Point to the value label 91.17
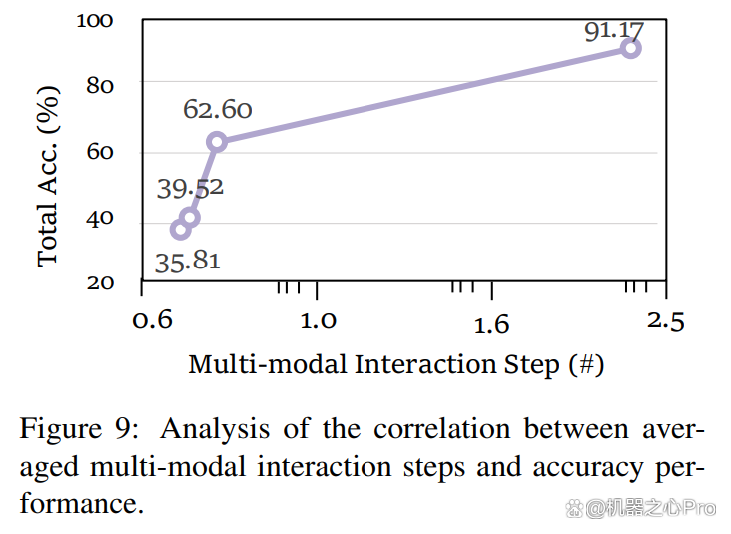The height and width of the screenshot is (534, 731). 614,31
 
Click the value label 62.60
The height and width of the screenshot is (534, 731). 218,110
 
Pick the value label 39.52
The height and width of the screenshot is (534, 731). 190,189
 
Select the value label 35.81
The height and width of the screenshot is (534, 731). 188,262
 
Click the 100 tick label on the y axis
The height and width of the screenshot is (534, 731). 95,21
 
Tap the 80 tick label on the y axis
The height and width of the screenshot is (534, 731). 100,86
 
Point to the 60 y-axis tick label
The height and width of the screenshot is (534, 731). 100,152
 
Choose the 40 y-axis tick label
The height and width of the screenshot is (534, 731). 100,218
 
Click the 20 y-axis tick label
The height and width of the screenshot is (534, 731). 100,283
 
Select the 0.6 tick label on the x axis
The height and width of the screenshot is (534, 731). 153,320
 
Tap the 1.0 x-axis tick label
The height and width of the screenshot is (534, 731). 318,321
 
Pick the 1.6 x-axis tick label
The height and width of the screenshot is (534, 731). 492,324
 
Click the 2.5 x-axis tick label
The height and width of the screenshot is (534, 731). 666,322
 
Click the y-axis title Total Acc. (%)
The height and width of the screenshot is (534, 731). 48,176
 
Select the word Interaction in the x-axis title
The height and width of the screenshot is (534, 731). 425,364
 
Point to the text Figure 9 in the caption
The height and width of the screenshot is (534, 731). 78,428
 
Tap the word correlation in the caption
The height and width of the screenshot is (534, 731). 442,428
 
